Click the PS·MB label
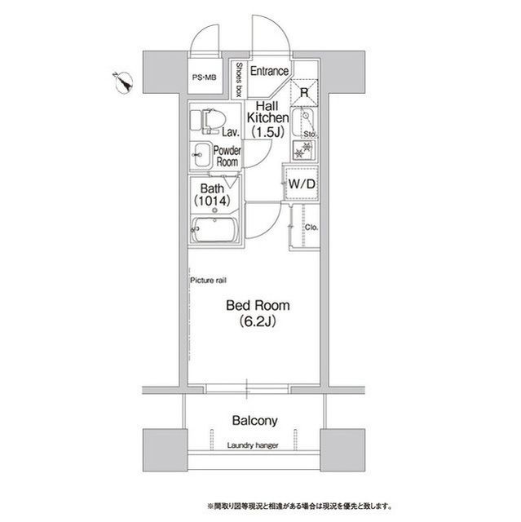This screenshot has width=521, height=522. [x=205, y=78]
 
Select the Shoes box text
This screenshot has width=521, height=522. [x=241, y=81]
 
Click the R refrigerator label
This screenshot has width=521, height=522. [x=303, y=92]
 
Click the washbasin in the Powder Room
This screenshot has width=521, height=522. [x=201, y=153]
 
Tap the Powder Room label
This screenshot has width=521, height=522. [x=227, y=156]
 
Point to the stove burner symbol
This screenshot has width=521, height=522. [x=302, y=149]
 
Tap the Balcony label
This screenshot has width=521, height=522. [x=255, y=421]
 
